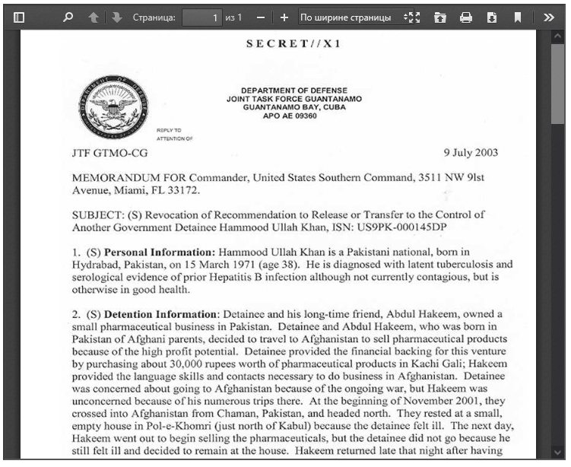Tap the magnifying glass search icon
coord(68,17)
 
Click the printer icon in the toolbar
coord(466,17)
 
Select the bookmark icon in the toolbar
coord(517,17)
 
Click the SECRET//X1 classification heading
coord(293,43)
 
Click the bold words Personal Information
coord(160,252)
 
